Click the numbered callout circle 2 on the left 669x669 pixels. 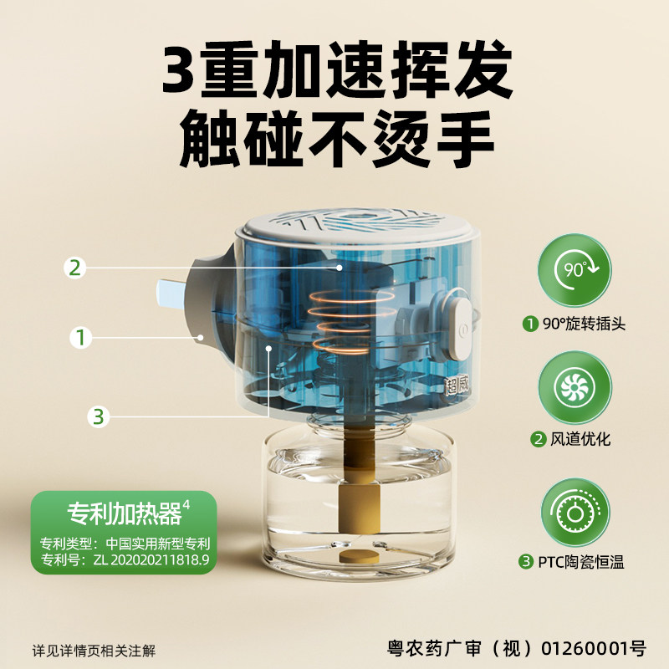click(75, 268)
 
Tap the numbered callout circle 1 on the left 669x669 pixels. click(80, 338)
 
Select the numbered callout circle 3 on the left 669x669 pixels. click(100, 415)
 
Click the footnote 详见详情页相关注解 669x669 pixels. click(94, 650)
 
